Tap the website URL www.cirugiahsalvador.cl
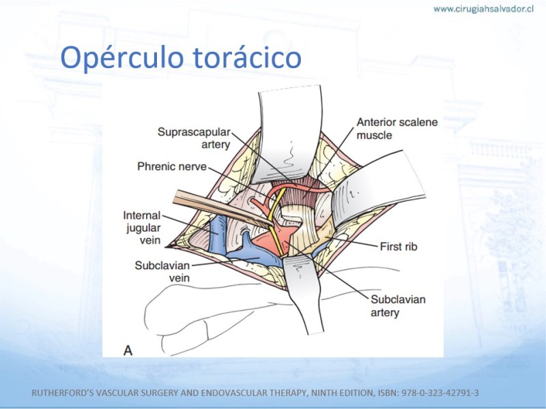[483, 10]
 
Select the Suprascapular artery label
[194, 138]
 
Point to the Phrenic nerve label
[172, 166]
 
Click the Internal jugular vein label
[142, 228]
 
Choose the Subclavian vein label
[162, 271]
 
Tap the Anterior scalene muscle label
[397, 128]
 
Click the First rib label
[399, 247]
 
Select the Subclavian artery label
[398, 305]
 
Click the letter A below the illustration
[128, 350]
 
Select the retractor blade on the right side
[378, 188]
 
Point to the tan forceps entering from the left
[223, 209]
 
